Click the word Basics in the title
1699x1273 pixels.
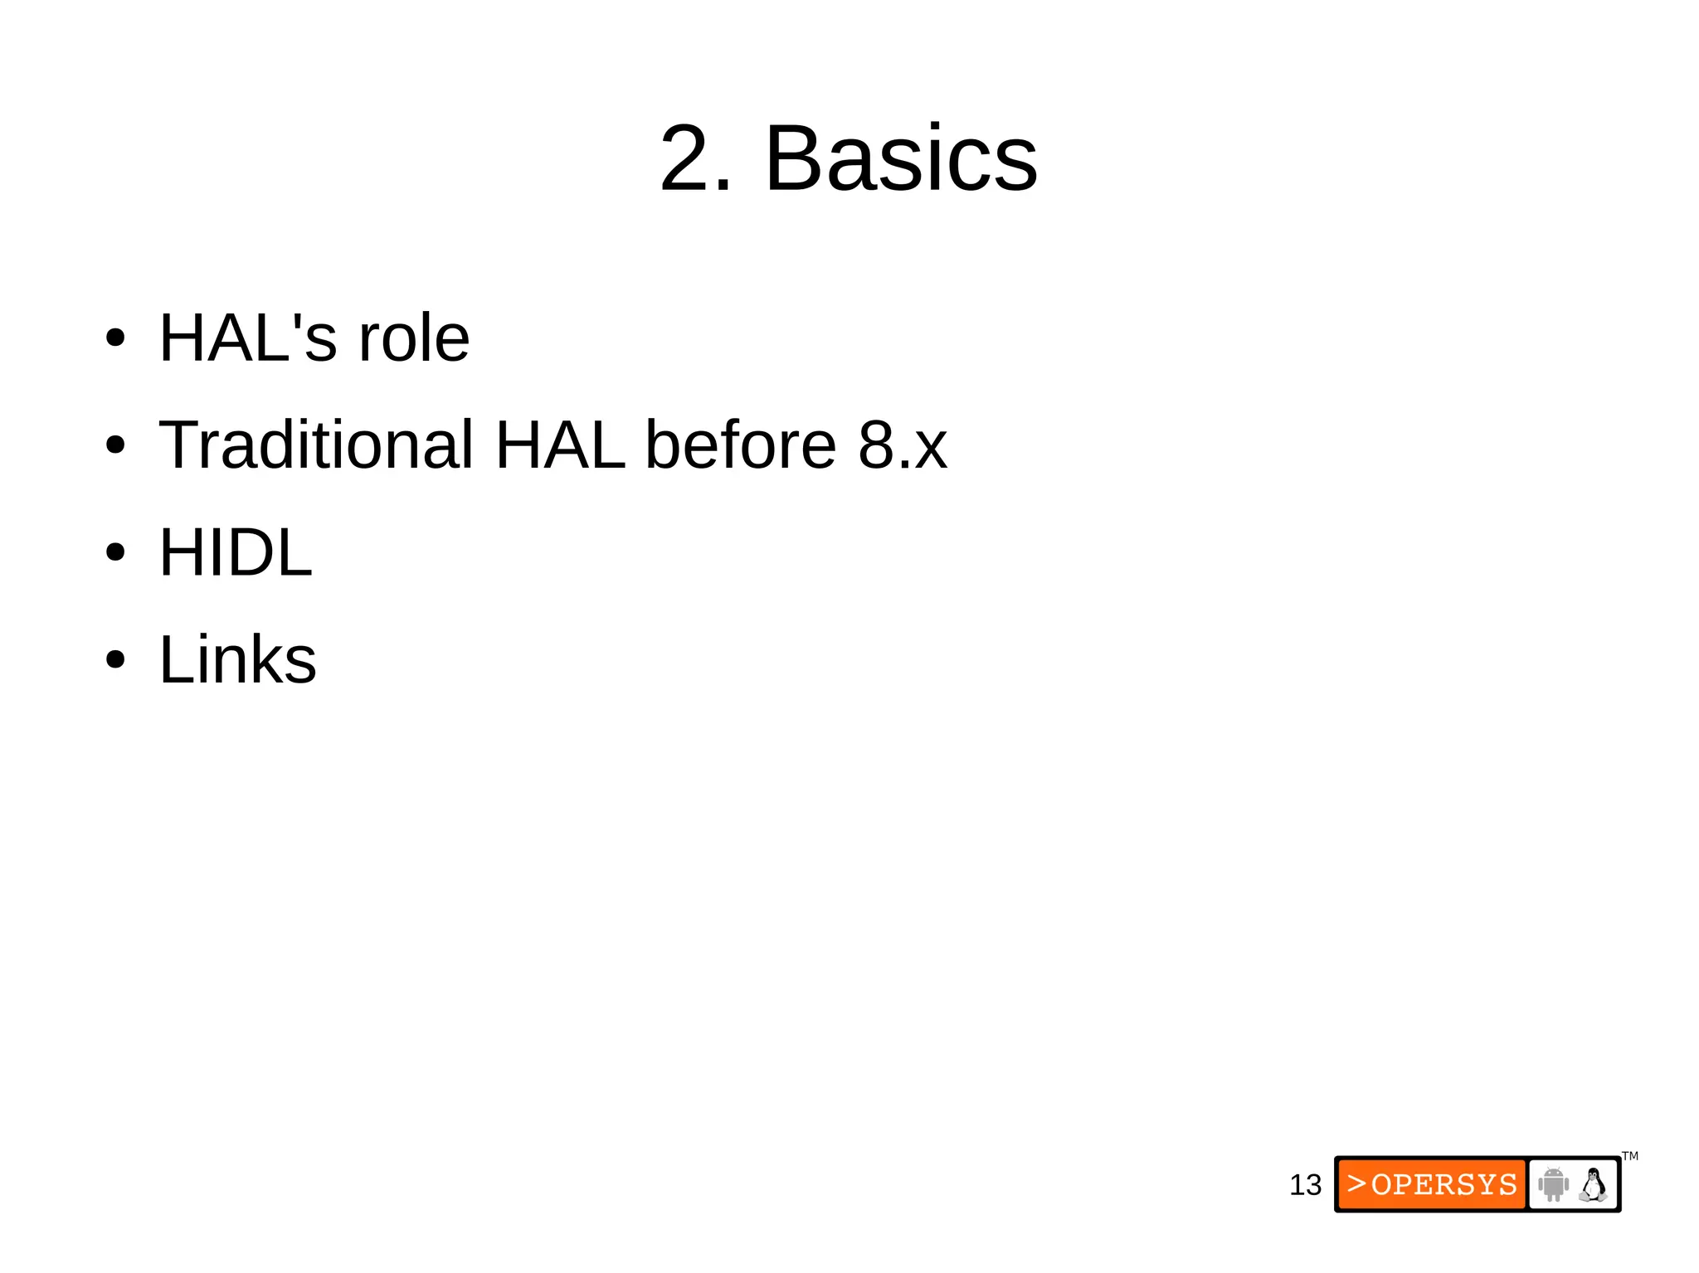click(901, 158)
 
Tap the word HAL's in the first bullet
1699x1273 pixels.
click(248, 338)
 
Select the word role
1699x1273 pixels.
click(413, 338)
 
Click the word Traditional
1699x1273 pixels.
click(316, 445)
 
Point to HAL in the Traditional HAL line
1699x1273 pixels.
click(560, 445)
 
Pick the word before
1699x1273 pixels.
click(741, 445)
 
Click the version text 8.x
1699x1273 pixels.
click(903, 445)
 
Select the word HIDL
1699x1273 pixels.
click(236, 552)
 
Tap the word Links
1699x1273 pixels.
click(238, 659)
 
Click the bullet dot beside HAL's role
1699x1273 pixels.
click(115, 338)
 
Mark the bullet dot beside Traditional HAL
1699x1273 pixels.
click(115, 445)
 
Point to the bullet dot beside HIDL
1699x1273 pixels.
click(115, 552)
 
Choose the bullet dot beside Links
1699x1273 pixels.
click(115, 660)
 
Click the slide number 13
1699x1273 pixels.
click(1305, 1185)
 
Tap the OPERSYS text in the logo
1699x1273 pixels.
click(1444, 1184)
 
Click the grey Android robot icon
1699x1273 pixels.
click(1553, 1184)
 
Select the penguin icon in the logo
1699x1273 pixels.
click(1593, 1184)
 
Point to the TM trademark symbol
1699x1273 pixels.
click(1630, 1156)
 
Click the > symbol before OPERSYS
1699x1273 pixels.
click(1356, 1183)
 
